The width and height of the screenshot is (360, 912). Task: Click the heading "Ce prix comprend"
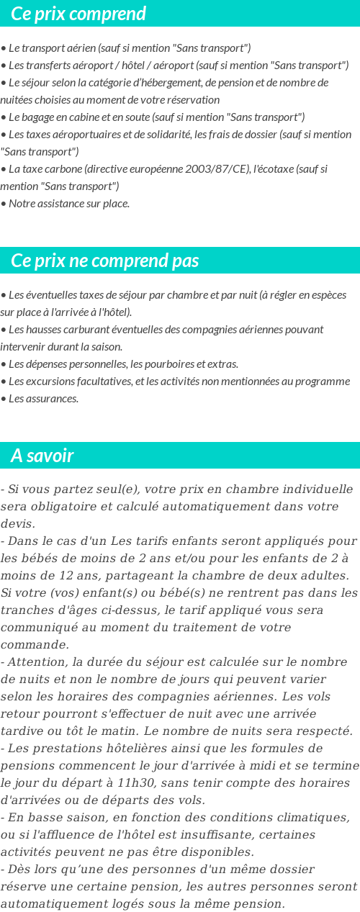point(78,14)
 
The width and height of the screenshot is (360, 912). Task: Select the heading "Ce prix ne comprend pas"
point(105,261)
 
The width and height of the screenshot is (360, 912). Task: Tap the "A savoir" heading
point(42,456)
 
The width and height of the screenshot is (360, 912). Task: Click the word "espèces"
point(329,295)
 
